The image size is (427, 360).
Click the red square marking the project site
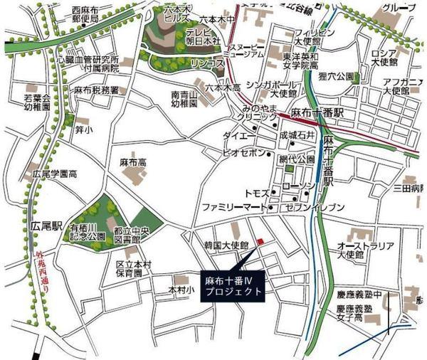[x=260, y=242]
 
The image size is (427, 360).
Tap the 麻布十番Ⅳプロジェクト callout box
[x=233, y=286]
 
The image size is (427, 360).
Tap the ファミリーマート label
[x=233, y=208]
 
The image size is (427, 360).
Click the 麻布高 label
[x=132, y=163]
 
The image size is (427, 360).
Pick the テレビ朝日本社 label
[x=206, y=39]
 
